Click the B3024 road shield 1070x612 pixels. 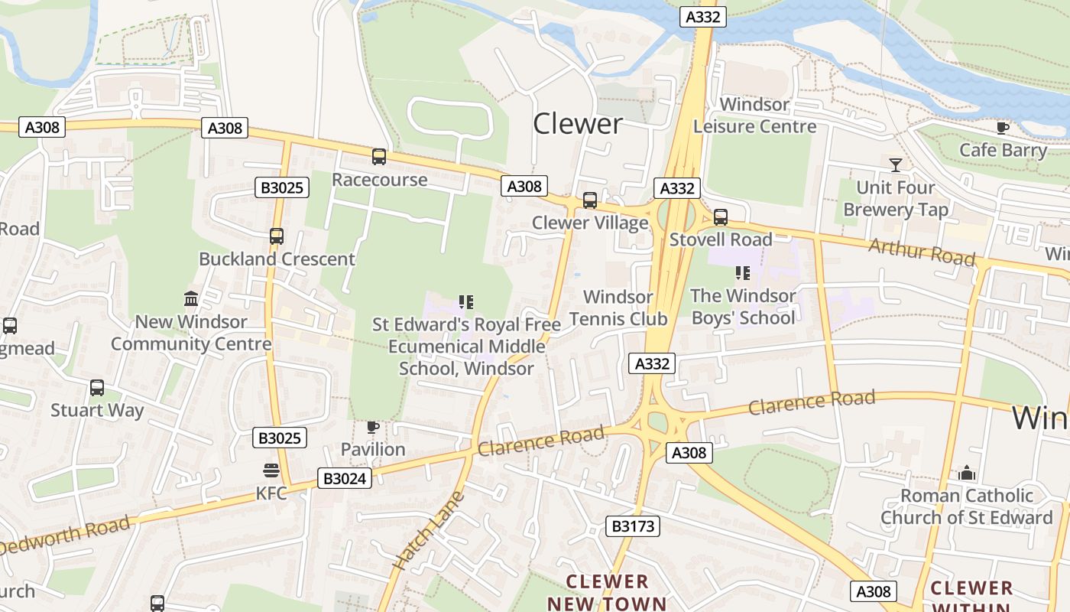[345, 479]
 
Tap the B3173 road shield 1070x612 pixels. [633, 526]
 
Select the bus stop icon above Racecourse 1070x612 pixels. [378, 157]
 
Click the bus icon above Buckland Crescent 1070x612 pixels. [277, 236]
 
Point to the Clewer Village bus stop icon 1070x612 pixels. [590, 200]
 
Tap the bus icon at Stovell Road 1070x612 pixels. [720, 217]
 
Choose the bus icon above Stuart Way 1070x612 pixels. [97, 388]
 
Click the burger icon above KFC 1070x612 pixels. [271, 470]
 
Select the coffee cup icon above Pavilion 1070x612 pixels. [373, 427]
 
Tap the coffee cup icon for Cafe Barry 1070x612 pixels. [1003, 128]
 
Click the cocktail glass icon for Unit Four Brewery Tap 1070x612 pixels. [895, 164]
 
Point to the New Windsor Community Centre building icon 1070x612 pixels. [191, 298]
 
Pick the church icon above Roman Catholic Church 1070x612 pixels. [967, 473]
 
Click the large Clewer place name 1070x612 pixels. [578, 123]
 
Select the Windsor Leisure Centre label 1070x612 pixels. [754, 116]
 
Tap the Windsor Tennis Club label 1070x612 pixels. [618, 308]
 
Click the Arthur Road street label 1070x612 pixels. [922, 252]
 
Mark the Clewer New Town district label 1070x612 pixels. [608, 592]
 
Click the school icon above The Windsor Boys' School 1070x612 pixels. [742, 272]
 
